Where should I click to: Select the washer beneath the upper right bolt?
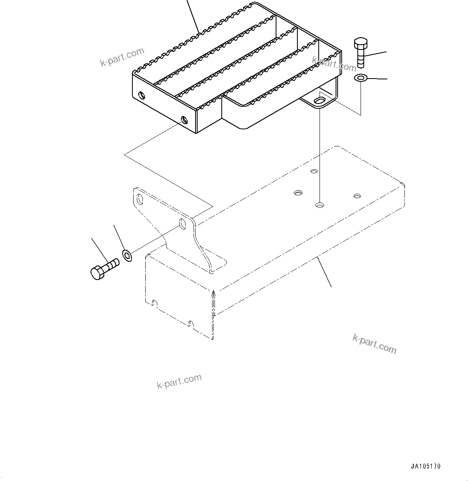click(360, 78)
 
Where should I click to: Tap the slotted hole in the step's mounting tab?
click(321, 100)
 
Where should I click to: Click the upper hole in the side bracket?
click(140, 199)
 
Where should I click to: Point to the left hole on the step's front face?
click(141, 95)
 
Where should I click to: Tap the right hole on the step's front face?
click(184, 119)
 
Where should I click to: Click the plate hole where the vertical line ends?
click(319, 205)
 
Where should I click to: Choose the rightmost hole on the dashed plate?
click(357, 196)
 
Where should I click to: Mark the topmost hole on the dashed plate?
click(314, 171)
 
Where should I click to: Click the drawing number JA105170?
click(426, 466)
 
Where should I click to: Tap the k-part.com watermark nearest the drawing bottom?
click(179, 381)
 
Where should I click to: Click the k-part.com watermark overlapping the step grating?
click(334, 63)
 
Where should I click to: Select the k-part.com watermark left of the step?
click(122, 57)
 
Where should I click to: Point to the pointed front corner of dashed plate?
click(214, 292)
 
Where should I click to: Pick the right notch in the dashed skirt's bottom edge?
click(190, 323)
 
